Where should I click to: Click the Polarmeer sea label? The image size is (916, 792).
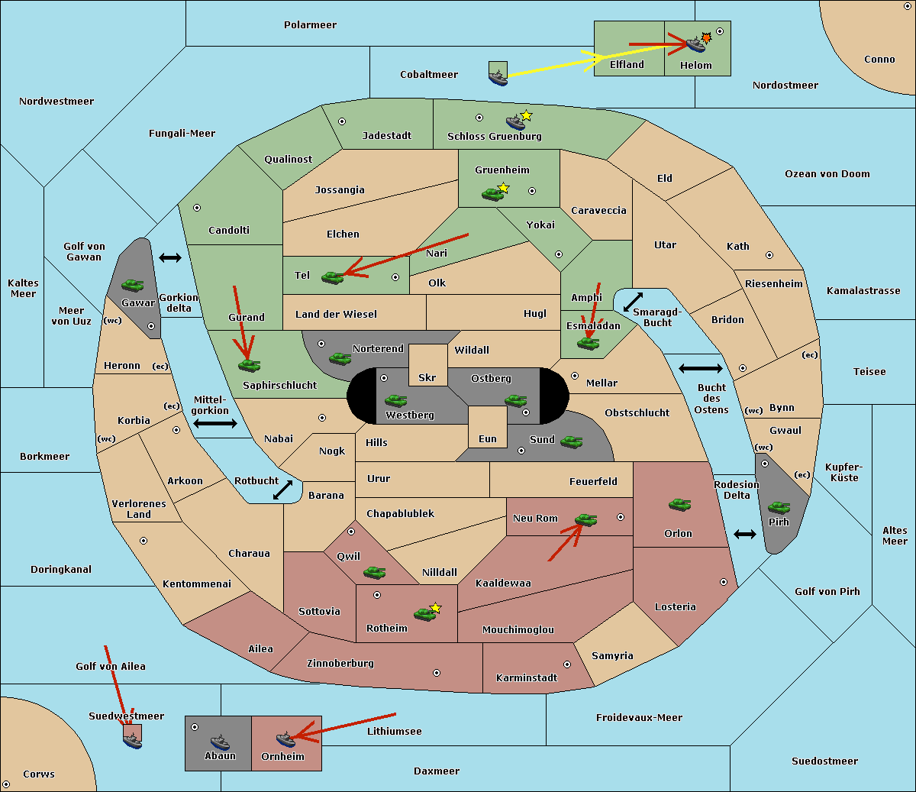pyautogui.click(x=310, y=25)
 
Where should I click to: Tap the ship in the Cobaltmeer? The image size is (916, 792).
pyautogui.click(x=498, y=76)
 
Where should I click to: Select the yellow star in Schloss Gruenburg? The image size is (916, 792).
pyautogui.click(x=526, y=116)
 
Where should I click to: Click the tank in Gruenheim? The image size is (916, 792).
pyautogui.click(x=492, y=194)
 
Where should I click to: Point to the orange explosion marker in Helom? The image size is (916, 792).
pyautogui.click(x=707, y=37)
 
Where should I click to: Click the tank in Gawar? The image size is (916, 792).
pyautogui.click(x=132, y=286)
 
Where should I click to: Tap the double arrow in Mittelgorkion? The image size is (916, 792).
pyautogui.click(x=215, y=423)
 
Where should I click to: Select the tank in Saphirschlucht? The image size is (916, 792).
pyautogui.click(x=249, y=365)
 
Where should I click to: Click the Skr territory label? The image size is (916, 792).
pyautogui.click(x=427, y=377)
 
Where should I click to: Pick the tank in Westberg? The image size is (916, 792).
pyautogui.click(x=395, y=400)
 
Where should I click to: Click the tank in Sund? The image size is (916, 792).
pyautogui.click(x=571, y=441)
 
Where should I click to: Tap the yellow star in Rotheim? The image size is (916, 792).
pyautogui.click(x=436, y=608)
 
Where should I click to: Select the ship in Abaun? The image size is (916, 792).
pyautogui.click(x=220, y=741)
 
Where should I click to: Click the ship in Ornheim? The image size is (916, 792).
pyautogui.click(x=285, y=739)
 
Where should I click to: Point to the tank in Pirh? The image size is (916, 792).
pyautogui.click(x=779, y=507)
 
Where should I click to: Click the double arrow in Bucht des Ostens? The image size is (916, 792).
pyautogui.click(x=700, y=369)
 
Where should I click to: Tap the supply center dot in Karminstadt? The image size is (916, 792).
pyautogui.click(x=567, y=664)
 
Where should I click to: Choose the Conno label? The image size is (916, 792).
pyautogui.click(x=879, y=60)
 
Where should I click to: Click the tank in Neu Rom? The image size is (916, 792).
pyautogui.click(x=585, y=519)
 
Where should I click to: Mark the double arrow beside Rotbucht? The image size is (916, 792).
pyautogui.click(x=282, y=490)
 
